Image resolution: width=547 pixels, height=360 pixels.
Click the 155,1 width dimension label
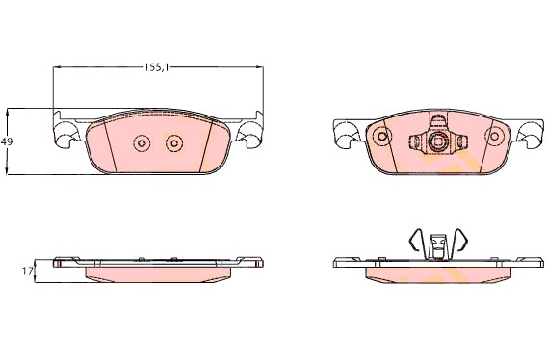157,67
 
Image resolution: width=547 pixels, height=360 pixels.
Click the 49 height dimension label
7,141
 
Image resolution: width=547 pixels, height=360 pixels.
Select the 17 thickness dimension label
27,271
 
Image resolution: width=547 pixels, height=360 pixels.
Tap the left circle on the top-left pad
142,143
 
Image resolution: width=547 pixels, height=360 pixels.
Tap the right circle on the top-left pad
174,143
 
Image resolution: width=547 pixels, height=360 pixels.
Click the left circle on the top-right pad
382,136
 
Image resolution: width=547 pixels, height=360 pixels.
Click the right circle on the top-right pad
494,136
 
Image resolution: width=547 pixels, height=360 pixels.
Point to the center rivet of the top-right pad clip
437,141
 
